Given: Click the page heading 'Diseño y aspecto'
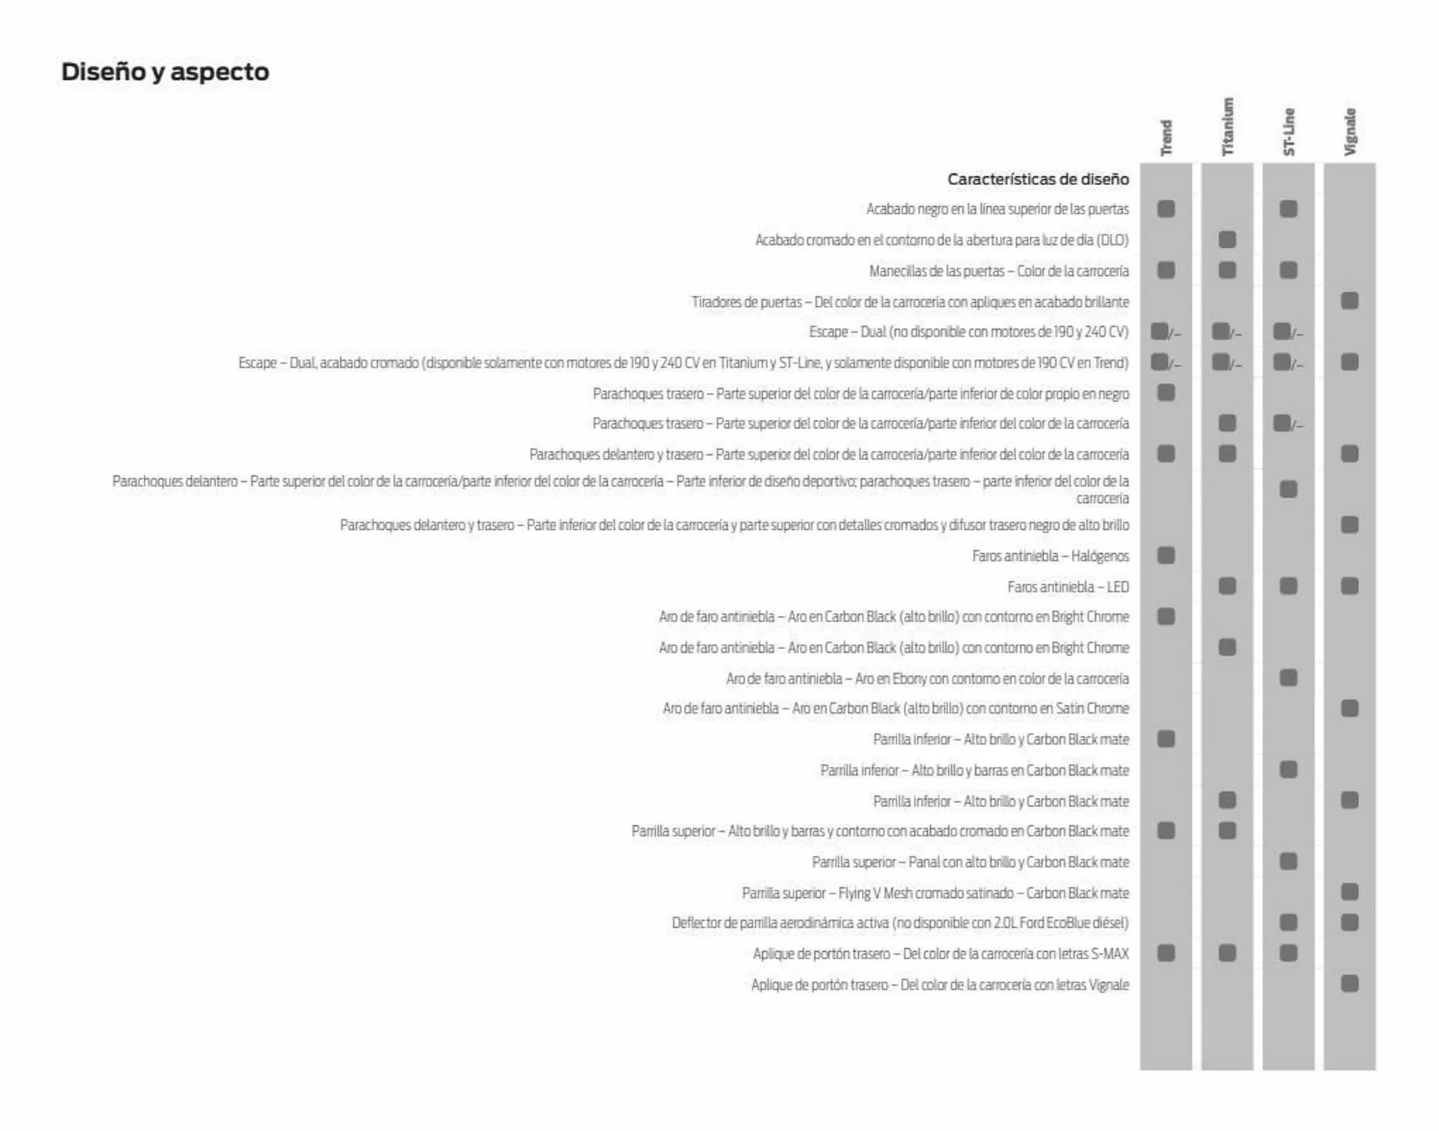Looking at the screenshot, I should (165, 72).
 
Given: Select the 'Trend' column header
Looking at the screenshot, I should (1165, 137).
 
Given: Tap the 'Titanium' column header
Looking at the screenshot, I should (1227, 127).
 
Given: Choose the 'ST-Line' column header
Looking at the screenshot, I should (1288, 132).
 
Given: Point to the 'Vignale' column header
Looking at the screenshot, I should (1350, 131).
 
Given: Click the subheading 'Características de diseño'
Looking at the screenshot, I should (1037, 179).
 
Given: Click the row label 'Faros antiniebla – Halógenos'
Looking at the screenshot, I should (1050, 556).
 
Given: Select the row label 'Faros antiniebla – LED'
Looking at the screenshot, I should (1068, 587).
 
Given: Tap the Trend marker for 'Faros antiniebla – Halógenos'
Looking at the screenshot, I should (1165, 555).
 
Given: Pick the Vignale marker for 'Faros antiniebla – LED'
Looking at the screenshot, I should (1350, 586).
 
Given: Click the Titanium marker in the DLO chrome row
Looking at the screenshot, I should (1227, 240).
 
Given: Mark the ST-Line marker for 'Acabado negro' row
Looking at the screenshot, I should (1288, 209).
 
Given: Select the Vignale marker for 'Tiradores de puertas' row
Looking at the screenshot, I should (1350, 301).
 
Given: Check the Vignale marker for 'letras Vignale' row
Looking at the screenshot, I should (1350, 983).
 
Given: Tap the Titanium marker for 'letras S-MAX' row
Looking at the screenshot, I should (1227, 953).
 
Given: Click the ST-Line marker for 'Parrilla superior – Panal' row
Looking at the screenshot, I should (1288, 862).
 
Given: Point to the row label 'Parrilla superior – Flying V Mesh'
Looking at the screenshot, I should (935, 893).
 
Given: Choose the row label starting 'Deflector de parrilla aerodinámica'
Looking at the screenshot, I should (899, 923).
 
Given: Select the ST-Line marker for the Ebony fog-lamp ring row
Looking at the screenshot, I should (1288, 678).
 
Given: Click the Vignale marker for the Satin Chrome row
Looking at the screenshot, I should (1350, 708).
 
